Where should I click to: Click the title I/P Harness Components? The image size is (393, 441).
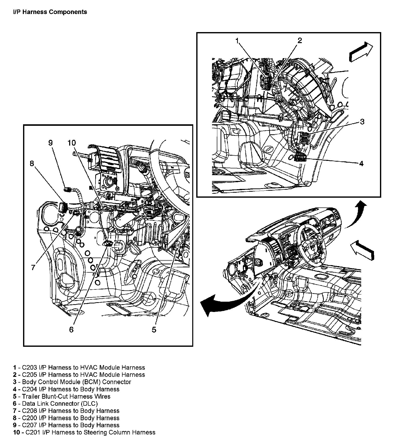click(x=50, y=12)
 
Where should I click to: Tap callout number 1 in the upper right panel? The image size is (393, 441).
click(x=238, y=41)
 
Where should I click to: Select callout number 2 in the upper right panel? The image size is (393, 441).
click(x=300, y=40)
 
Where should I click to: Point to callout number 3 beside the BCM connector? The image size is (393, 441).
click(x=362, y=122)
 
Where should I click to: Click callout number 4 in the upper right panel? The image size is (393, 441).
click(x=361, y=164)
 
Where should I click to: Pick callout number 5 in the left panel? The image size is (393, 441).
click(x=154, y=330)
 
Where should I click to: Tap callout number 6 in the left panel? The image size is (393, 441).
click(x=71, y=330)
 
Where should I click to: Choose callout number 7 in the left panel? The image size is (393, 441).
click(x=33, y=267)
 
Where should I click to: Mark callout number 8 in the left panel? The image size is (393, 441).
click(x=32, y=164)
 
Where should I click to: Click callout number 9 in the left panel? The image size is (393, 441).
click(x=51, y=143)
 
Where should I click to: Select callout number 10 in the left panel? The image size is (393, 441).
click(x=71, y=143)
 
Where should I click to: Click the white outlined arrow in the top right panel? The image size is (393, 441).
click(x=360, y=52)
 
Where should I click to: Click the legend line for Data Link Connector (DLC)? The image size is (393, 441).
click(x=55, y=404)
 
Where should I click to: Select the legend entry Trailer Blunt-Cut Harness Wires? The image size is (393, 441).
click(x=62, y=396)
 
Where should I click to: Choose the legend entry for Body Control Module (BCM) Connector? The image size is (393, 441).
click(x=72, y=382)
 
